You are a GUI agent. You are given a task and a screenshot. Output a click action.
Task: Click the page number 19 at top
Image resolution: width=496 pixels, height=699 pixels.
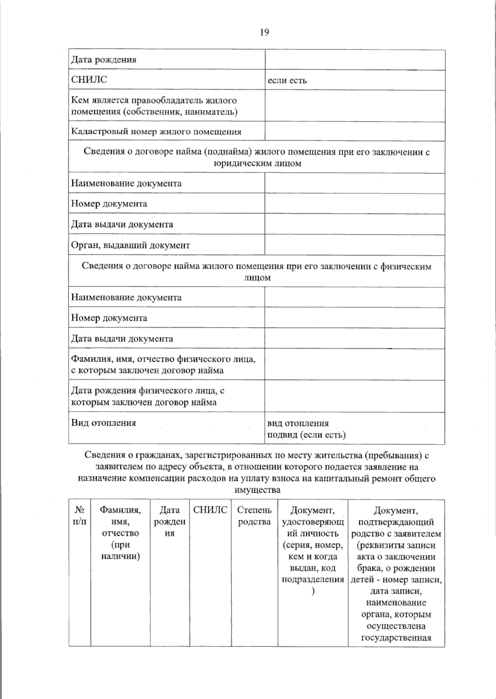click(265, 32)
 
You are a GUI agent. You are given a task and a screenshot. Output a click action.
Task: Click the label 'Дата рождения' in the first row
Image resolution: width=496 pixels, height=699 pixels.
click(104, 60)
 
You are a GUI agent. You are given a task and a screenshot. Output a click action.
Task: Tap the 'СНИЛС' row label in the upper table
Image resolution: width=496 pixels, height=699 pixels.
click(89, 80)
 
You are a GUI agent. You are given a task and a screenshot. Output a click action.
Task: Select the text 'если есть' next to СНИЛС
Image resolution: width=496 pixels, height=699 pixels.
click(287, 80)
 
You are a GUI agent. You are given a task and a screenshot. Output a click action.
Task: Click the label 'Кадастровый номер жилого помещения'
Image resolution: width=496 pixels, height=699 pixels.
click(156, 132)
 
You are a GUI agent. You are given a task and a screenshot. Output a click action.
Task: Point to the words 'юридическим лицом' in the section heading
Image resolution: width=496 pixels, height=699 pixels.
click(257, 163)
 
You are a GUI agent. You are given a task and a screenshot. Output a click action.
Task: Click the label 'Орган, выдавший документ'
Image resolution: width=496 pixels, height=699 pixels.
click(131, 245)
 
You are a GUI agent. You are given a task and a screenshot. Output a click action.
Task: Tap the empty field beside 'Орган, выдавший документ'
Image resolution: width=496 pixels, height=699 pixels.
click(355, 245)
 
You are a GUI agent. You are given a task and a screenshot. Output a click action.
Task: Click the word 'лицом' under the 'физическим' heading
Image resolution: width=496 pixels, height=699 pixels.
click(257, 278)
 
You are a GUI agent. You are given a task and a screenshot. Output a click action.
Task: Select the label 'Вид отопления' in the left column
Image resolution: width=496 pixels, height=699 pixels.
click(103, 423)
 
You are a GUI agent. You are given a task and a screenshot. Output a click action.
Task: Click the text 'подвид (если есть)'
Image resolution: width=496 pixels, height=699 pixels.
click(306, 435)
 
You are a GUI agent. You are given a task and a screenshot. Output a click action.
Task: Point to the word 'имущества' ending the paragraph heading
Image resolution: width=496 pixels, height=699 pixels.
click(257, 491)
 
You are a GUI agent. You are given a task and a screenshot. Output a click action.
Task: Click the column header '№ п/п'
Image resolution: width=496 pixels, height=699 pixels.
click(79, 516)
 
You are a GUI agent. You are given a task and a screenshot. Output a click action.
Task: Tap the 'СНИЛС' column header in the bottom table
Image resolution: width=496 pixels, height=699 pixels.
click(210, 510)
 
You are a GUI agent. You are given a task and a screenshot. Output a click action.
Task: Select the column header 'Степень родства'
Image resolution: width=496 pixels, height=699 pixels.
click(255, 516)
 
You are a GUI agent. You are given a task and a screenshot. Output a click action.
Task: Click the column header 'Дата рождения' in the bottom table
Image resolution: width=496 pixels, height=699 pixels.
click(169, 522)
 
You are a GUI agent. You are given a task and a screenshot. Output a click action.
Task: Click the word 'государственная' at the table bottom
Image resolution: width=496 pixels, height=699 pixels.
click(396, 638)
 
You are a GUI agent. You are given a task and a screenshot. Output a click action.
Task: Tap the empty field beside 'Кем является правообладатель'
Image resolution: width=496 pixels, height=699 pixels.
click(355, 106)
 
